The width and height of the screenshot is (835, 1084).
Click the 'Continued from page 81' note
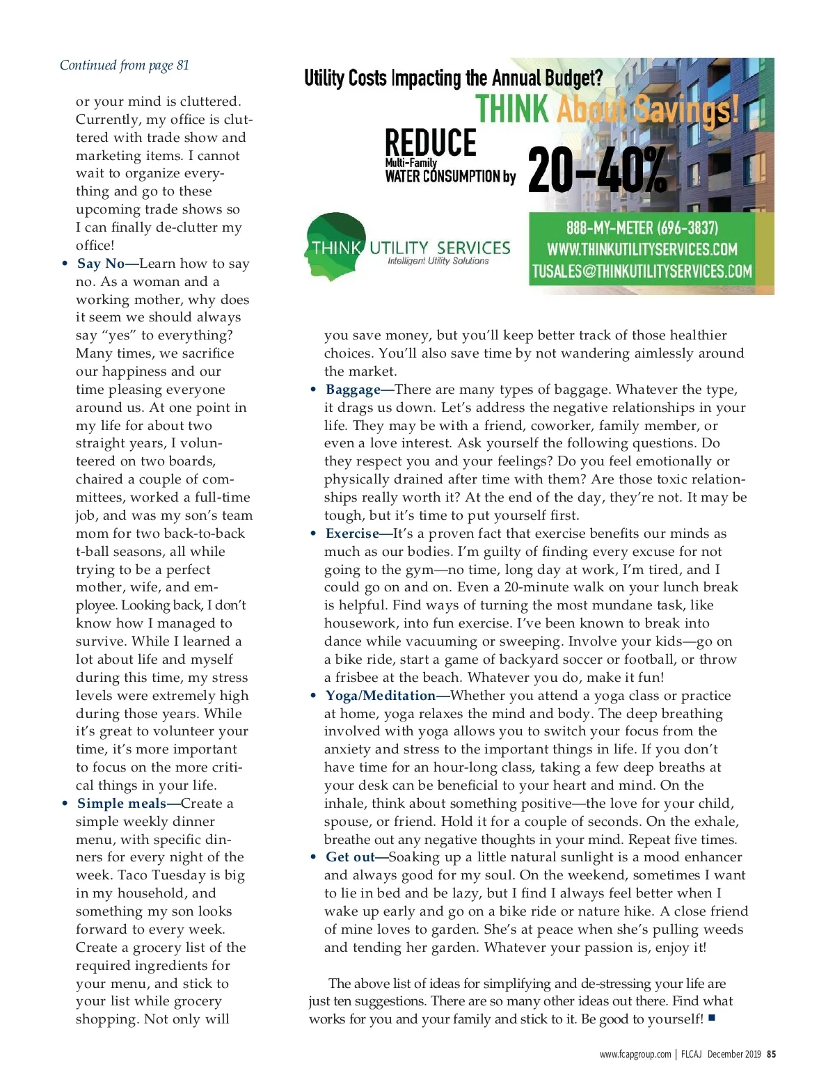[x=124, y=65]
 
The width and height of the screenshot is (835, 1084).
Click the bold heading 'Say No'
[x=101, y=264]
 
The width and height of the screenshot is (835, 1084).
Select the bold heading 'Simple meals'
[x=122, y=804]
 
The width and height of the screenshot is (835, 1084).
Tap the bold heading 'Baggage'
[x=353, y=390]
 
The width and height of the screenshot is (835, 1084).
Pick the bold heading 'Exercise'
[x=352, y=534]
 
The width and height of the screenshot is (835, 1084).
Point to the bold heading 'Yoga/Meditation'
[x=381, y=696]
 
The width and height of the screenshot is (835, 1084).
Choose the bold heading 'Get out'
[x=350, y=857]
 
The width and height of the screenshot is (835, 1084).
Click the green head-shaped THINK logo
[x=336, y=246]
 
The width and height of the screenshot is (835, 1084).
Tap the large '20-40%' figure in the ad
[x=597, y=170]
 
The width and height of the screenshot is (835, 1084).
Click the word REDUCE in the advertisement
[x=431, y=143]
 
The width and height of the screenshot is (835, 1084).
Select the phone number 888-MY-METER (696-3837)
[x=642, y=228]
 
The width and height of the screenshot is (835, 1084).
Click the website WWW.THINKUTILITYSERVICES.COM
[x=642, y=250]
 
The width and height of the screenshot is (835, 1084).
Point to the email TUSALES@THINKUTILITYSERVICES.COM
[x=642, y=271]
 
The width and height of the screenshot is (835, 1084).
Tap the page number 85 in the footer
[x=771, y=1054]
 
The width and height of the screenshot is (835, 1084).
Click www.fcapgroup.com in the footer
[x=635, y=1054]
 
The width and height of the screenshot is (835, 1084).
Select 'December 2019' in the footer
[x=734, y=1054]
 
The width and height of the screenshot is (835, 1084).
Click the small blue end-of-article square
[x=712, y=1019]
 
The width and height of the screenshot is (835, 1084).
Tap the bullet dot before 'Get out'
[x=313, y=857]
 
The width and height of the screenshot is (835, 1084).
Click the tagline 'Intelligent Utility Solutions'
[x=438, y=262]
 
